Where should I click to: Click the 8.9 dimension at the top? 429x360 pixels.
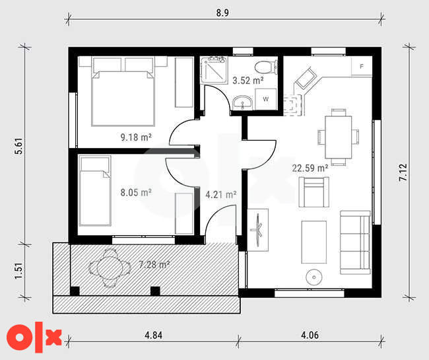(x=222, y=13)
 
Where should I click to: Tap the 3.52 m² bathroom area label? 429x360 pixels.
(x=248, y=81)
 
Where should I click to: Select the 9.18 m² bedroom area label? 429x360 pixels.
(x=136, y=137)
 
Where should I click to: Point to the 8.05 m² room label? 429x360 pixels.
(x=136, y=192)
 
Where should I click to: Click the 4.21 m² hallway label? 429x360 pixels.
(x=221, y=195)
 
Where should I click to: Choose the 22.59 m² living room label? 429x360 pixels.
(x=310, y=168)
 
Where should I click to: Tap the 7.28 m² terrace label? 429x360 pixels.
(x=154, y=264)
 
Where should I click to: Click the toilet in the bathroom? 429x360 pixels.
(x=266, y=67)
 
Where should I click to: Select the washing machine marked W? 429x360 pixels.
(x=266, y=99)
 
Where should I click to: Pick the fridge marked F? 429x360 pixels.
(x=362, y=66)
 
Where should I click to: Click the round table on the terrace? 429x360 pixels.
(x=110, y=268)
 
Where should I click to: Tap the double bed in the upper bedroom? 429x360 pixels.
(x=123, y=92)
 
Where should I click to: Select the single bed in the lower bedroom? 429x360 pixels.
(x=94, y=191)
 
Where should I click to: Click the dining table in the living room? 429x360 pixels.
(x=338, y=137)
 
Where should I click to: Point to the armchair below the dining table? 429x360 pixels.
(x=313, y=192)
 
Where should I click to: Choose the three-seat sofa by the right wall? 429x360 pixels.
(x=355, y=242)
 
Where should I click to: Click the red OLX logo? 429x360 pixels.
(x=34, y=338)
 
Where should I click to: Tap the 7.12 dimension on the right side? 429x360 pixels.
(x=403, y=172)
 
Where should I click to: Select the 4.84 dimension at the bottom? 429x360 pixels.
(x=154, y=335)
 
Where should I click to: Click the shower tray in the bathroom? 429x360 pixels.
(x=214, y=70)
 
